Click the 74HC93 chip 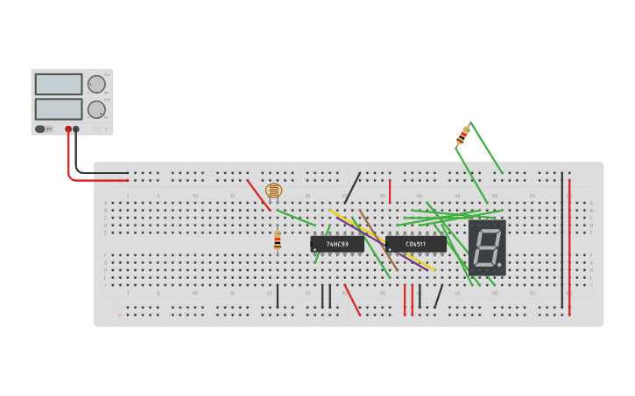click(337, 245)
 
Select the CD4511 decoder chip click(415, 245)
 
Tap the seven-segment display click(487, 247)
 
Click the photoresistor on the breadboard click(274, 190)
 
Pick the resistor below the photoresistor click(278, 240)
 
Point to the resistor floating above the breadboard click(463, 135)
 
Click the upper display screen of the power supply click(59, 84)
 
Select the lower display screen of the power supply click(59, 109)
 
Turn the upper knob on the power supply click(95, 84)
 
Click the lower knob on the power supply click(95, 109)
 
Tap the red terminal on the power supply click(68, 129)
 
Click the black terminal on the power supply click(76, 129)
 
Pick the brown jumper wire click(377, 239)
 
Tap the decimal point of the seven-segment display click(500, 264)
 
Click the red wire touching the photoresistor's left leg click(258, 195)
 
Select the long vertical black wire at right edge click(562, 240)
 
